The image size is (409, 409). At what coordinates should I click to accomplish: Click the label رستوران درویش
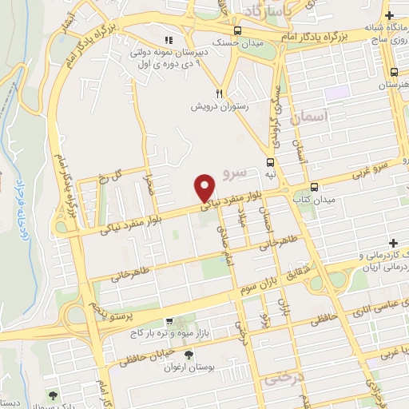tap(216, 105)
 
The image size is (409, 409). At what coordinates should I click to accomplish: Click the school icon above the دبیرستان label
tap(168, 39)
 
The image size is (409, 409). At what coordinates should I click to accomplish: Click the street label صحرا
tap(148, 189)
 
